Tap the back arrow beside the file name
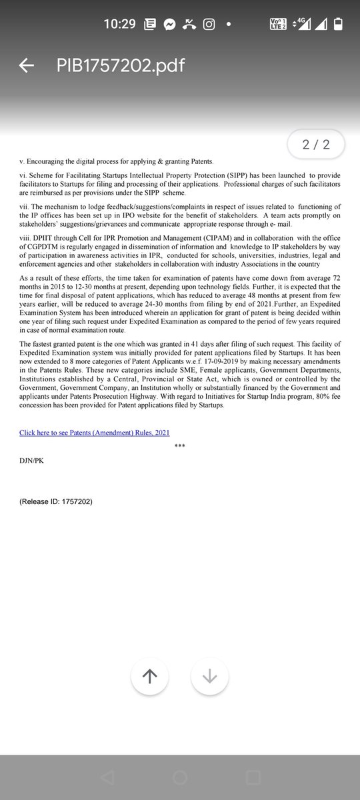(27, 65)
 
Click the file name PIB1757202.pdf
(121, 65)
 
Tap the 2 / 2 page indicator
(316, 145)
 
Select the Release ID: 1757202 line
(56, 501)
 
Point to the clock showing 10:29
(119, 25)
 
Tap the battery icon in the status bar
(338, 25)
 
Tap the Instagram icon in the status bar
(209, 25)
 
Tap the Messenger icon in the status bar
(170, 25)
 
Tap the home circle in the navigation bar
(180, 777)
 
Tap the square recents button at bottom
(253, 777)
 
